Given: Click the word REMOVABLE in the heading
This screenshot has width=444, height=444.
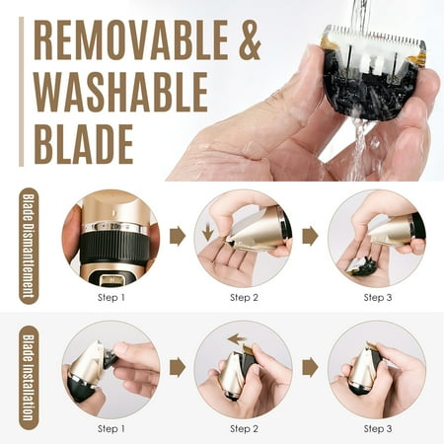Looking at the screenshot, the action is (131, 39).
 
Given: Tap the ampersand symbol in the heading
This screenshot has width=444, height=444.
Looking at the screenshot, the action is (250, 39).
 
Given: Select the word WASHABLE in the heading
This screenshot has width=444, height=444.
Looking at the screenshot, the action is (120, 92).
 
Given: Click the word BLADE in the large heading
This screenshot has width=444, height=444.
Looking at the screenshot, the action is (84, 144).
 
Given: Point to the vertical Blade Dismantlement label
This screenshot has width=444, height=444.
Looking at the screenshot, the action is (29, 246).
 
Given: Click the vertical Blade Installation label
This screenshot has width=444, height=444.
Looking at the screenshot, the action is (29, 378).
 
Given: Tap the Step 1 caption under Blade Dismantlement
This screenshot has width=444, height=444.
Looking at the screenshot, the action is (111, 298).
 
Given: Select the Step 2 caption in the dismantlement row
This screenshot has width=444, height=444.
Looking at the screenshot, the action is (244, 298).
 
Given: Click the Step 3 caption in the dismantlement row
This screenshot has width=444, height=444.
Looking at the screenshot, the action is (378, 298).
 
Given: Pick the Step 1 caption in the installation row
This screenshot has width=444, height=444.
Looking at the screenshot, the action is (111, 428).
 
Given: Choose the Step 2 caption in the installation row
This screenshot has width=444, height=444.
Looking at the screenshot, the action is (244, 428).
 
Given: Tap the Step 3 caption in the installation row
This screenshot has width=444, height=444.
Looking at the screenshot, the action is (378, 428).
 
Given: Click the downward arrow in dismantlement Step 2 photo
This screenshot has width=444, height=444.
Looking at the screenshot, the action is (207, 232).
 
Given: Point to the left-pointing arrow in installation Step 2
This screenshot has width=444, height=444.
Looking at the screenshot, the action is (237, 338).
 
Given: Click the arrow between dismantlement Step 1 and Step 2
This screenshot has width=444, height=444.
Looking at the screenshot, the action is (178, 236).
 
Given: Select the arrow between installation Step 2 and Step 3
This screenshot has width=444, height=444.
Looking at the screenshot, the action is (310, 367).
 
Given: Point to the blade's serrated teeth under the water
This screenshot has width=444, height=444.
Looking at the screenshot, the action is (375, 37).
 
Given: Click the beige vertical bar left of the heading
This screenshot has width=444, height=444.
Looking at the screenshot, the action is (22, 92).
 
